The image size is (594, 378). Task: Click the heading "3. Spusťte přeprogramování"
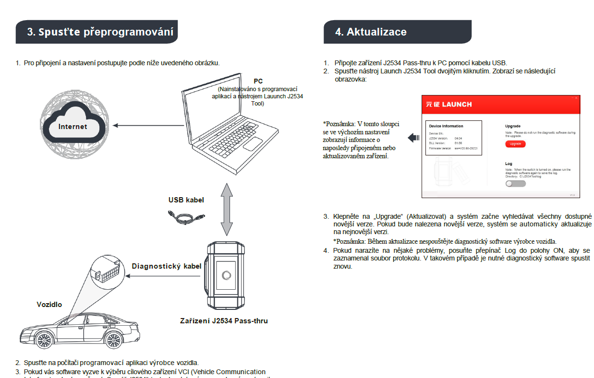pos(100,32)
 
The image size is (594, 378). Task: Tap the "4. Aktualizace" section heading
pos(371,32)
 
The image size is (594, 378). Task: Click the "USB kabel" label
pos(186,200)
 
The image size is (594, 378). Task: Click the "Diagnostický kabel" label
pos(167,267)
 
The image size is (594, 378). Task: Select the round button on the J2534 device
pos(226,275)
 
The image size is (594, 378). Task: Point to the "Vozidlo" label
pos(49,305)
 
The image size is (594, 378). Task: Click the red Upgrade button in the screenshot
pos(515,144)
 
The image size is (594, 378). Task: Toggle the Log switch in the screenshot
pos(515,184)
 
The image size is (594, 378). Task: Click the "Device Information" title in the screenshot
pos(446,126)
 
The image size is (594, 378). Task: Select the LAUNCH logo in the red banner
pos(449,104)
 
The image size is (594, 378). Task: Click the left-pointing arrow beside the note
pos(413,138)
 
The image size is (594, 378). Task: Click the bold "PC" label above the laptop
pos(258,81)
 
